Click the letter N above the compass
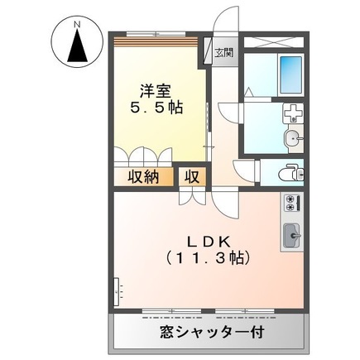(x=75, y=24)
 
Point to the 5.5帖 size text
(x=156, y=107)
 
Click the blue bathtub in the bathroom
(x=290, y=75)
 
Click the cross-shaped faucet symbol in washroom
(x=290, y=114)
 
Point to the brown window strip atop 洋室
(x=156, y=39)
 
